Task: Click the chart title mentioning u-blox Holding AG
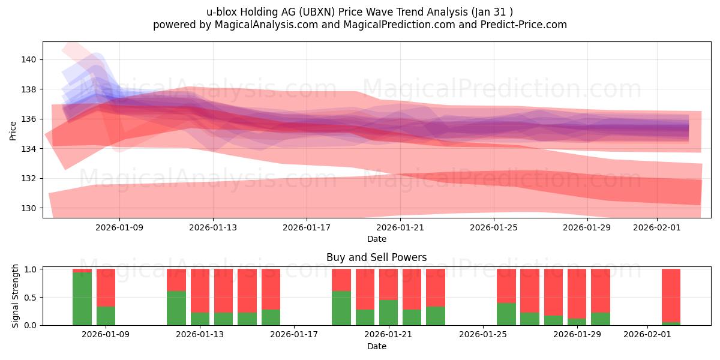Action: tap(359, 11)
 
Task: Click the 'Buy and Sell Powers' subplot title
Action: tap(376, 257)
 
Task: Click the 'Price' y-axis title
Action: tap(13, 130)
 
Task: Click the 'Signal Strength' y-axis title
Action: tap(16, 296)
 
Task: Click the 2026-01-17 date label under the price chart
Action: tap(307, 227)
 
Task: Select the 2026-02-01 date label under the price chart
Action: tap(657, 227)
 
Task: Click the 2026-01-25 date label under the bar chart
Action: tap(483, 334)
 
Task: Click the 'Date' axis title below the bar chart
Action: tap(376, 346)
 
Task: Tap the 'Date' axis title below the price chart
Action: tap(376, 239)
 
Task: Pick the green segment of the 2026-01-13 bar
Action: tap(200, 319)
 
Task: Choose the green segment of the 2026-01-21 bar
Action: tap(389, 313)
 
